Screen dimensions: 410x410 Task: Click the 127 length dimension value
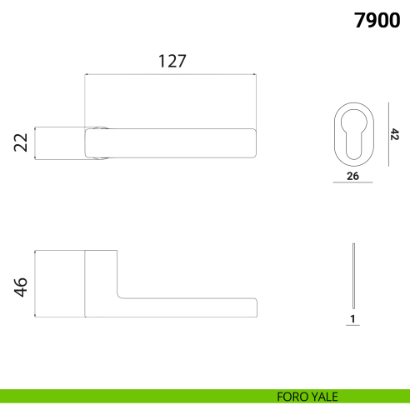pos(171,61)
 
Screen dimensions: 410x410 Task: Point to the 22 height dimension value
pos(21,142)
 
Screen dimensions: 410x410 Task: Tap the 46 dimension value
pos(21,286)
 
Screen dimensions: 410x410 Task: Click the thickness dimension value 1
pos(353,318)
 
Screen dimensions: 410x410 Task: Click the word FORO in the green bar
pos(292,397)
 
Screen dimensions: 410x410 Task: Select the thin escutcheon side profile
pos(353,275)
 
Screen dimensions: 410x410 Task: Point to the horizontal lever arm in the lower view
pos(187,307)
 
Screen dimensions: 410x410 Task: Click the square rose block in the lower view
pos(101,283)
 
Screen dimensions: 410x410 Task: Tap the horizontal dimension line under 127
pos(171,74)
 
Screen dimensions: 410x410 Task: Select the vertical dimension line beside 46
pos(34,283)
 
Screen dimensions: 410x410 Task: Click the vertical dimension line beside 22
pos(34,142)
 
